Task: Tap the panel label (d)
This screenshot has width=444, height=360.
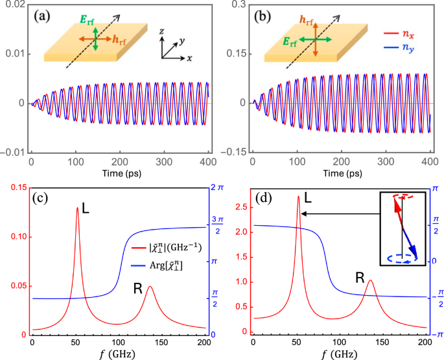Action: [x=266, y=199]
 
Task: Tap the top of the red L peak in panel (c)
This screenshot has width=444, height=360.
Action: [x=78, y=208]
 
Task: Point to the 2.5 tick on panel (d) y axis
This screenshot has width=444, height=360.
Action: [x=238, y=208]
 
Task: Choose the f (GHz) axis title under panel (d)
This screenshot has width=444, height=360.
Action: [x=341, y=354]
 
